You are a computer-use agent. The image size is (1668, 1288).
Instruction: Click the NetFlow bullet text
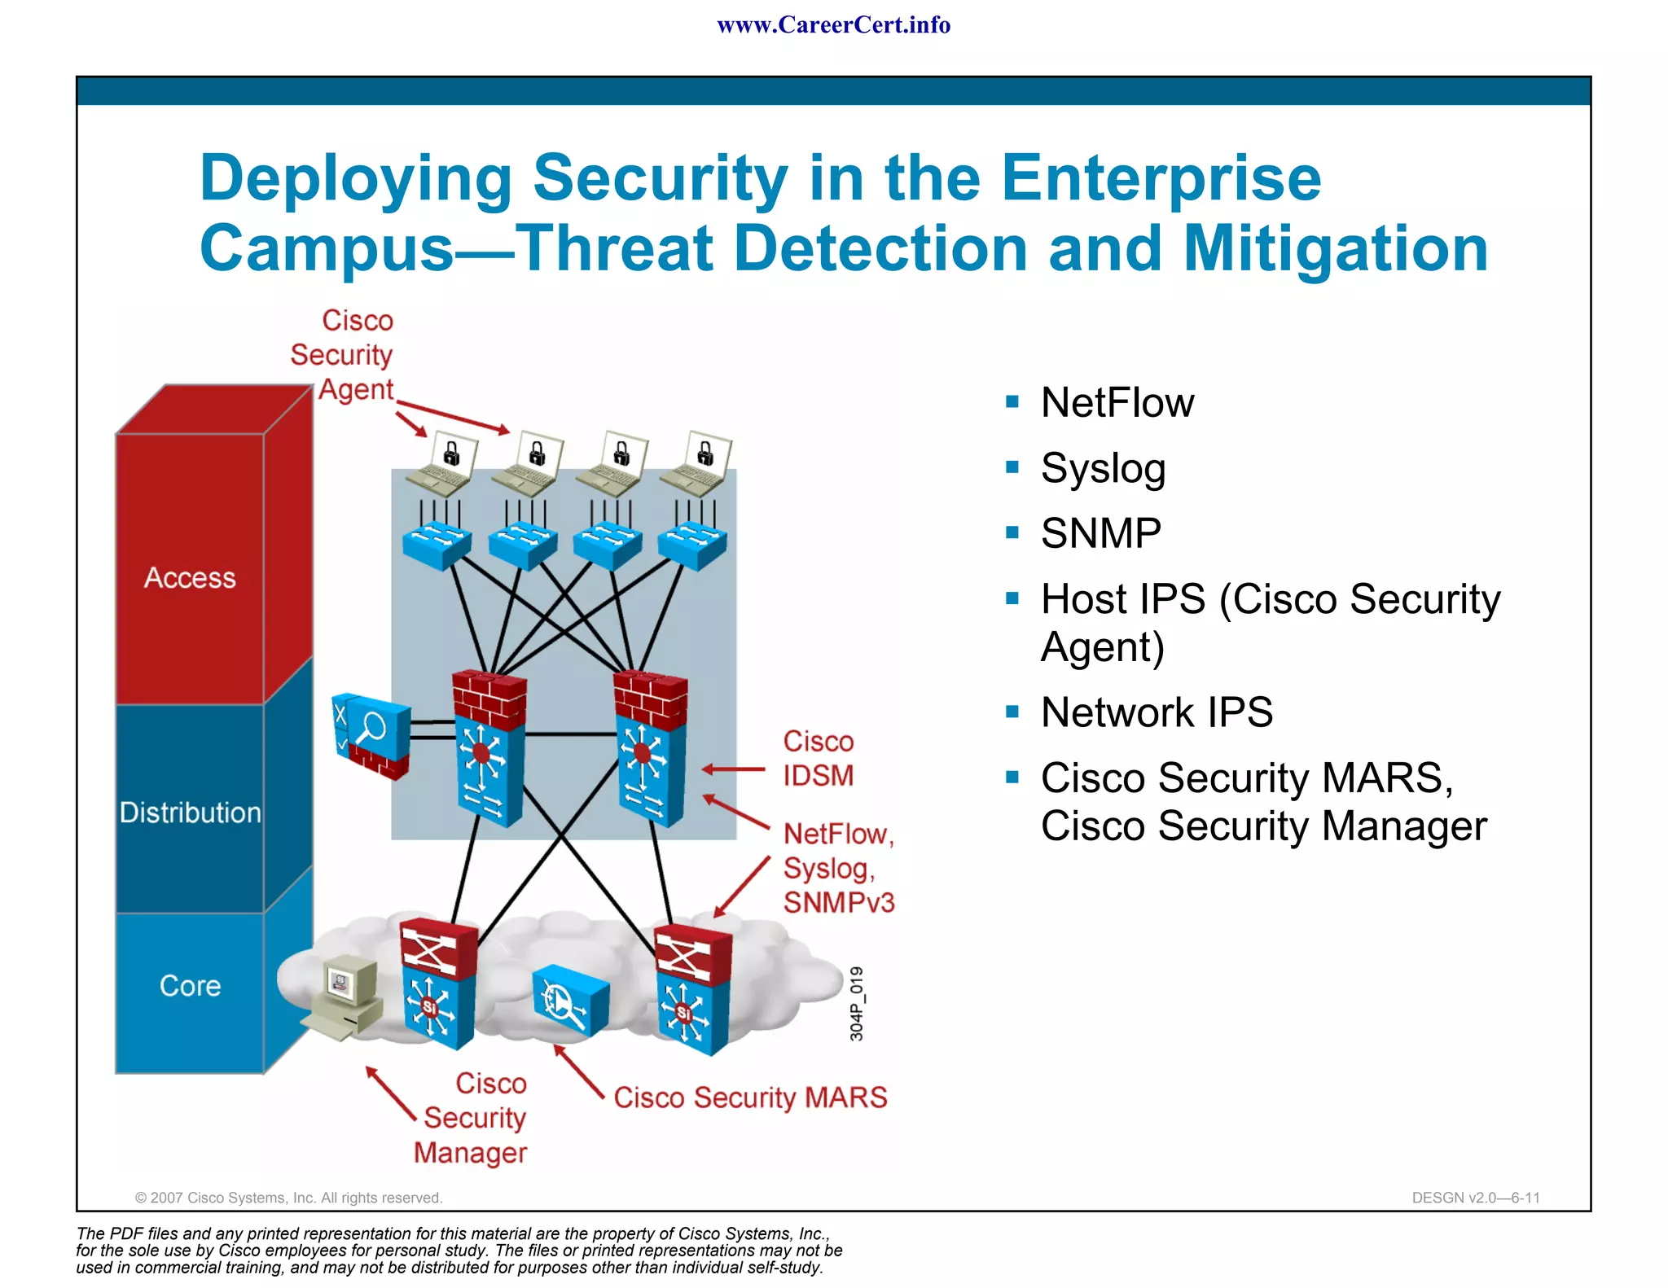pyautogui.click(x=1117, y=402)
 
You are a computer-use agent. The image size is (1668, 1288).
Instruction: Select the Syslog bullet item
pyautogui.click(x=1103, y=469)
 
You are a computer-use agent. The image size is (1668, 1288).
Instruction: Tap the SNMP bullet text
pyautogui.click(x=1100, y=533)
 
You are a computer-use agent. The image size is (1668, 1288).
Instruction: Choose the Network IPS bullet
pyautogui.click(x=1157, y=712)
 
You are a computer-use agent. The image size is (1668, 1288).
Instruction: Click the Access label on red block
pyautogui.click(x=190, y=577)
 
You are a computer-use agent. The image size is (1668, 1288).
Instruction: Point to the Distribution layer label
pyautogui.click(x=190, y=813)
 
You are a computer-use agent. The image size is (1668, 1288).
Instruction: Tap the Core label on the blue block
pyautogui.click(x=190, y=986)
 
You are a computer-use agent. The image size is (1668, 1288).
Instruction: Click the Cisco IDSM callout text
pyautogui.click(x=818, y=758)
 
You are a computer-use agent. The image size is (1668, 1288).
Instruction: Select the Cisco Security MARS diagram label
pyautogui.click(x=750, y=1097)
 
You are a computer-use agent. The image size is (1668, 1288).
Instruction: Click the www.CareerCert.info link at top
pyautogui.click(x=833, y=25)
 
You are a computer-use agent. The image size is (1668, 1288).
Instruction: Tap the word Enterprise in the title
pyautogui.click(x=1161, y=178)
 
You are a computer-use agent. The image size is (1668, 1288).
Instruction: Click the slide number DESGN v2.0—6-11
pyautogui.click(x=1476, y=1198)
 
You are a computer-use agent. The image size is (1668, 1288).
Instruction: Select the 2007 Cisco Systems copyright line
pyautogui.click(x=288, y=1198)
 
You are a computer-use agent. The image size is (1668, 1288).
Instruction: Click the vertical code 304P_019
pyautogui.click(x=856, y=1003)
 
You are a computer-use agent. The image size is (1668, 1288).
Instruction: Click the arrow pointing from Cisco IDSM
pyautogui.click(x=733, y=769)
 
